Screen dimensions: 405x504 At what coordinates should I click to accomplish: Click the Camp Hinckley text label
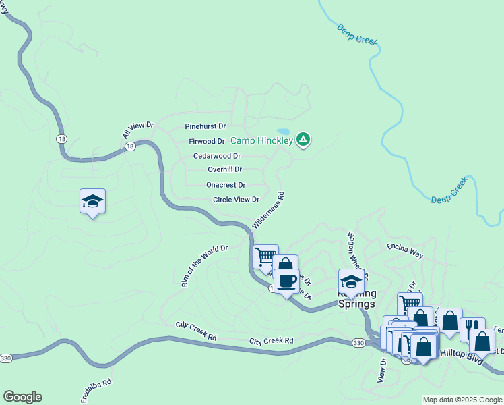point(261,140)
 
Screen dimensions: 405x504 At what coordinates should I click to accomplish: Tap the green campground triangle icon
point(303,140)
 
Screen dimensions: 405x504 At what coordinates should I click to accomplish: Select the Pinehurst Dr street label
point(205,126)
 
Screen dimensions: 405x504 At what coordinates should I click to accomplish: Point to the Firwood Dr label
point(206,141)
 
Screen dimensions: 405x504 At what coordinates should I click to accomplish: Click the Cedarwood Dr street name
point(217,156)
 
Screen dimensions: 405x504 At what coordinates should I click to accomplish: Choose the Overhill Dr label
point(224,169)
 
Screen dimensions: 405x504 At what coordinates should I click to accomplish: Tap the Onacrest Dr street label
point(225,184)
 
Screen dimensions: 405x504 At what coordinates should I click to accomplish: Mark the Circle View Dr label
point(236,200)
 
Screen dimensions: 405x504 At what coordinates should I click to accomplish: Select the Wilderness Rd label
point(269,209)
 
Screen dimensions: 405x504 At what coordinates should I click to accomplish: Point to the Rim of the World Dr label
point(204,266)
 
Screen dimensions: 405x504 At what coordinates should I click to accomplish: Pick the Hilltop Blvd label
point(462,354)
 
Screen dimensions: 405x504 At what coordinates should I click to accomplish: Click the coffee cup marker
point(286,280)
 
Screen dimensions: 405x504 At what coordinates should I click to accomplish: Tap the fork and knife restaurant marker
point(472,328)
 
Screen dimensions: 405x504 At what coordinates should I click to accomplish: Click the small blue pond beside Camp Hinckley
point(283,132)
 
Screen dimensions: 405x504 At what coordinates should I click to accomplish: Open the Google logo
point(22,397)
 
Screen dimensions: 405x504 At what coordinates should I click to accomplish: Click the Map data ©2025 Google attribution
point(462,400)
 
